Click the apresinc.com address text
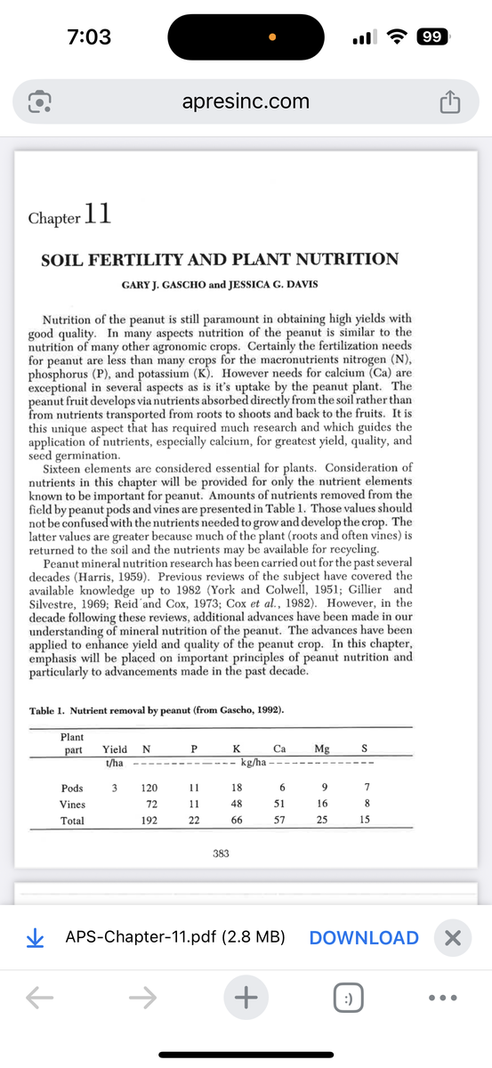(x=246, y=101)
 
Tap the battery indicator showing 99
(x=435, y=37)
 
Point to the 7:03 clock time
(x=89, y=37)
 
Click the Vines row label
(x=73, y=805)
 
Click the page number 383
(x=221, y=854)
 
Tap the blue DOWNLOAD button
(x=364, y=937)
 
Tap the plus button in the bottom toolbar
(x=246, y=999)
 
